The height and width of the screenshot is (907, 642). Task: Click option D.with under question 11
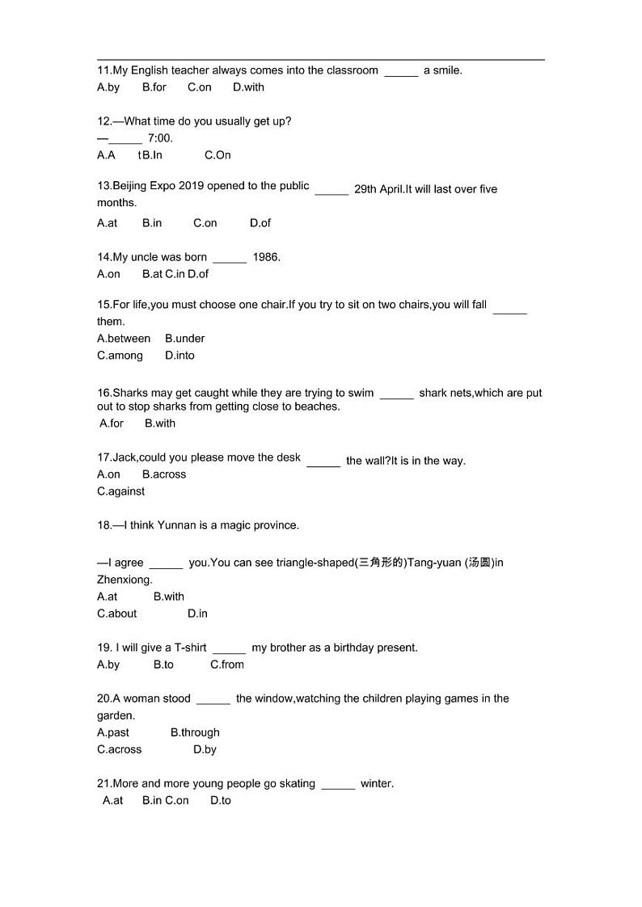click(x=248, y=87)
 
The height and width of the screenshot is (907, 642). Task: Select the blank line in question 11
click(x=401, y=74)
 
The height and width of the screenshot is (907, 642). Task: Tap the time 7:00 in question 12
click(x=160, y=138)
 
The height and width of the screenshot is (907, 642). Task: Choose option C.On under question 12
click(x=218, y=155)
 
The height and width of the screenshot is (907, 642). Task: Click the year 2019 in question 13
click(x=191, y=186)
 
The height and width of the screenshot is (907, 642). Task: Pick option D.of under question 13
click(x=260, y=223)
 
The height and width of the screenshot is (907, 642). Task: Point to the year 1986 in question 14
click(x=266, y=257)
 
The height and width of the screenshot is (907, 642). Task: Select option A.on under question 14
click(x=108, y=274)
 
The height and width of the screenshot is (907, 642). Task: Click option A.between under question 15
click(x=124, y=339)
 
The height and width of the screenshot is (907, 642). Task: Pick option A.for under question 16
click(x=112, y=424)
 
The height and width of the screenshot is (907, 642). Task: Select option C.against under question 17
click(x=120, y=491)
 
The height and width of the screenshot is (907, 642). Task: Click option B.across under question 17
click(x=164, y=475)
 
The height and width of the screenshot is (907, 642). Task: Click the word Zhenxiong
click(x=125, y=580)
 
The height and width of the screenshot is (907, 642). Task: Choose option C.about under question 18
click(x=117, y=614)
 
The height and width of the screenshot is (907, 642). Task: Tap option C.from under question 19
click(x=226, y=664)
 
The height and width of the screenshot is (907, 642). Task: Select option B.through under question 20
click(x=195, y=732)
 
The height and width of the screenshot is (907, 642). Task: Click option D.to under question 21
click(x=220, y=800)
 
